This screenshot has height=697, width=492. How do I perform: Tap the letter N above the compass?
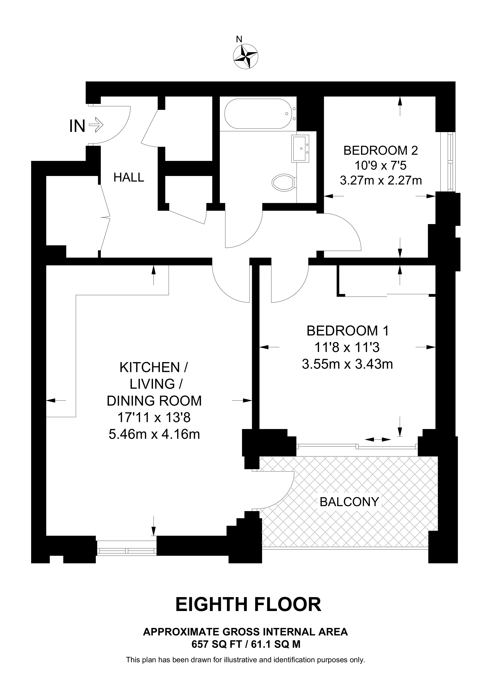tap(239, 39)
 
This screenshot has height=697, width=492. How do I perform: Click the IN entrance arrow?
tap(96, 124)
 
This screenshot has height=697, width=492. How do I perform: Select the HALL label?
tap(129, 177)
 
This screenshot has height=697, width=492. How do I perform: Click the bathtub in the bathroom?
tap(258, 114)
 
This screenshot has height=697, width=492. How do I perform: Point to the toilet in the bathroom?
tap(283, 182)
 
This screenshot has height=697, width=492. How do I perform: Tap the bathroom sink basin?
tap(300, 148)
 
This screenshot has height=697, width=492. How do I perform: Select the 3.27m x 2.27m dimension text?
tap(381, 181)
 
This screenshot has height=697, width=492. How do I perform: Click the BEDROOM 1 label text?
tap(347, 331)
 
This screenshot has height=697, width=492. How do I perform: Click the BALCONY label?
tap(349, 502)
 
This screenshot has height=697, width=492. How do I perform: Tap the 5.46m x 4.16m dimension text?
tap(154, 434)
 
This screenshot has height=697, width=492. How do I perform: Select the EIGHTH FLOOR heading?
tap(248, 604)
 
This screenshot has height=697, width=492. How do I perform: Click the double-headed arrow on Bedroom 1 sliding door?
tap(378, 439)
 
